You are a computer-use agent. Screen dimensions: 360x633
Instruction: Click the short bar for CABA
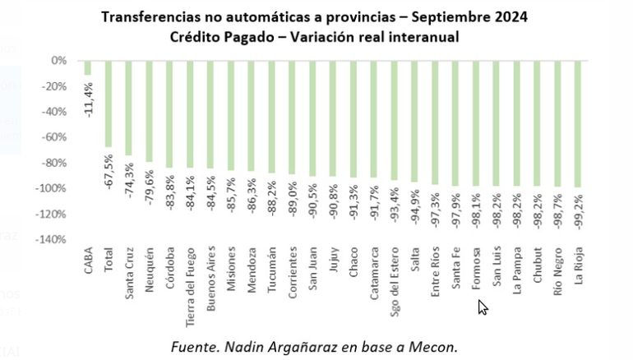click(87, 67)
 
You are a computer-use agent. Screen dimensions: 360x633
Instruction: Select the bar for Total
click(108, 103)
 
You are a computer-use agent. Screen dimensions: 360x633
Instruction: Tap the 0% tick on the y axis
click(58, 61)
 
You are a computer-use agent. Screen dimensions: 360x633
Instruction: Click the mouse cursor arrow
click(483, 307)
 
